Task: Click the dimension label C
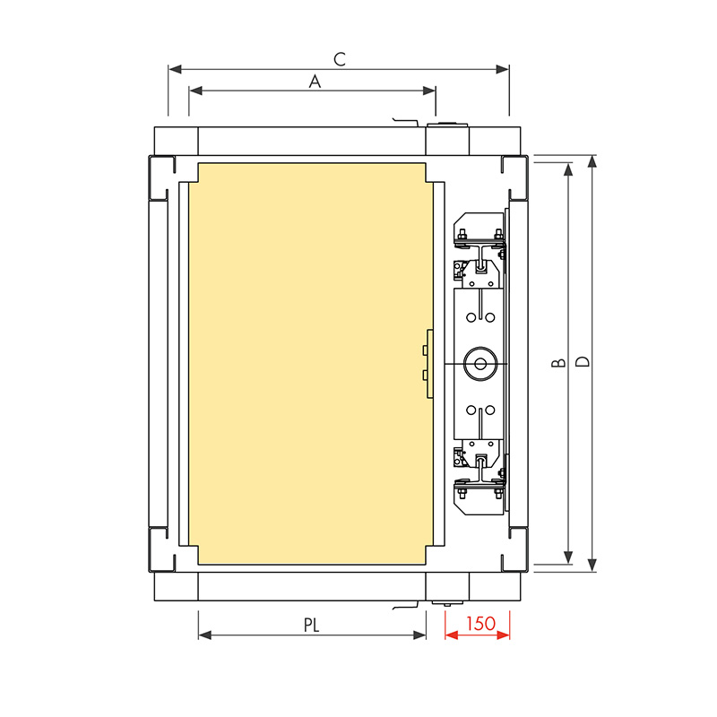(340, 59)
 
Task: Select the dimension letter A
(315, 82)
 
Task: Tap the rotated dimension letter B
(558, 363)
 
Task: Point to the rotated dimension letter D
(583, 362)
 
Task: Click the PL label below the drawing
(311, 625)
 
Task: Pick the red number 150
(480, 623)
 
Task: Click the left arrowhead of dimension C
(175, 70)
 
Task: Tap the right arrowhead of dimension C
(503, 70)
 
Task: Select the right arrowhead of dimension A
(429, 91)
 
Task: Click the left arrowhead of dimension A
(195, 91)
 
